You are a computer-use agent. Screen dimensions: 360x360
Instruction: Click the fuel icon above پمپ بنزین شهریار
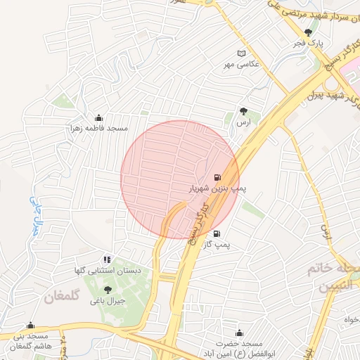217,177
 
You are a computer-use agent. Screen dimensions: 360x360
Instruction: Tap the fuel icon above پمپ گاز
216,234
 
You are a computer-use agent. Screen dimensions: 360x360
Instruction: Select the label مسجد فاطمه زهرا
98,129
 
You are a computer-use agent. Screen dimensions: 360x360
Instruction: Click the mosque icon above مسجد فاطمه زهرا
98,117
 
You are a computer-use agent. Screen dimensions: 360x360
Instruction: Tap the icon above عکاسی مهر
243,54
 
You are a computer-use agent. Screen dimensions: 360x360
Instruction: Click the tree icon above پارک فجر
307,32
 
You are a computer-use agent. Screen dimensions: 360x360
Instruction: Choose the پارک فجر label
307,43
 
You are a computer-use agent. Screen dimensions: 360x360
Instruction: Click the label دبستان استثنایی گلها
108,271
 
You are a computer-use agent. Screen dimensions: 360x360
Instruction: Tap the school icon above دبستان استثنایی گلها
107,259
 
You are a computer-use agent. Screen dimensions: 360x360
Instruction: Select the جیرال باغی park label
107,300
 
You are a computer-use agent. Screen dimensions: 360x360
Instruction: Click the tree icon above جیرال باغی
107,289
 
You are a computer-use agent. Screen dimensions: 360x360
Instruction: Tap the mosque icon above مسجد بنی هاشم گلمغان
30,326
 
